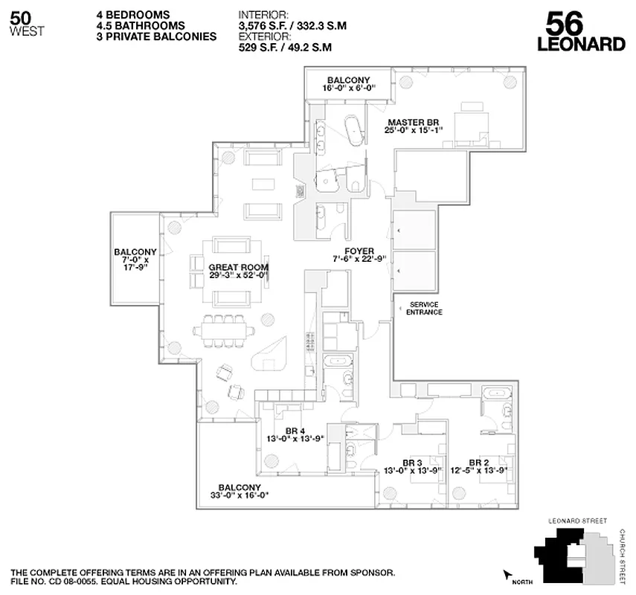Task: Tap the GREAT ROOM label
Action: point(239,267)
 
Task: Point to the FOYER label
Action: point(359,251)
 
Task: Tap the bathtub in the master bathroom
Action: point(354,130)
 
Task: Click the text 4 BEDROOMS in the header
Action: point(132,14)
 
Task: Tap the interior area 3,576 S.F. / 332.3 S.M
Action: point(293,25)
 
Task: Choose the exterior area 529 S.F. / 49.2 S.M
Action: point(285,47)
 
